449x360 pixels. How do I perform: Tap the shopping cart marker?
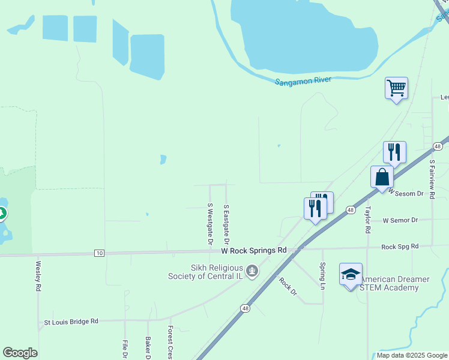[x=396, y=89]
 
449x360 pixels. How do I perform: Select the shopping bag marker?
[x=382, y=178]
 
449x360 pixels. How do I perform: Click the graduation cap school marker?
[x=351, y=275]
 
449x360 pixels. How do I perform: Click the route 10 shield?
[x=99, y=253]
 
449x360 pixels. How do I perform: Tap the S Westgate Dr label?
[x=210, y=224]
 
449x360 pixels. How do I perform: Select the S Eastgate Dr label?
[x=226, y=223]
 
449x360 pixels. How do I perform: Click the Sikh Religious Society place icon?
[x=253, y=271]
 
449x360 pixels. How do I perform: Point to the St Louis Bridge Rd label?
[x=71, y=322]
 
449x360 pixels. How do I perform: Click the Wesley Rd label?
[x=38, y=275]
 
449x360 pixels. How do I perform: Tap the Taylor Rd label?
[x=367, y=221]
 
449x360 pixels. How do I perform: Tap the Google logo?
[x=20, y=353]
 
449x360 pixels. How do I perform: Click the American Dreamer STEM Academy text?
[x=395, y=283]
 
